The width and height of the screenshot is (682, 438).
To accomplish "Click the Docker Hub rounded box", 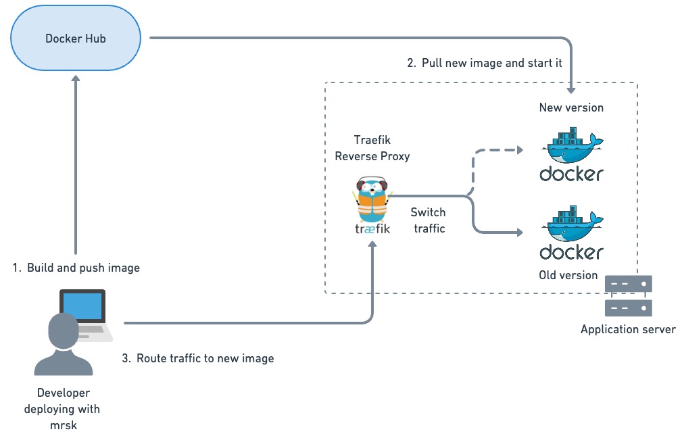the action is (76, 39).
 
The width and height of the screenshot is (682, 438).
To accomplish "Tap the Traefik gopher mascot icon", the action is (372, 199).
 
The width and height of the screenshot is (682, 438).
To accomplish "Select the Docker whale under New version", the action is (572, 145).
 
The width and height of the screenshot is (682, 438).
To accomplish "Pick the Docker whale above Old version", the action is (572, 223).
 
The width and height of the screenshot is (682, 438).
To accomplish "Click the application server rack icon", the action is (629, 296).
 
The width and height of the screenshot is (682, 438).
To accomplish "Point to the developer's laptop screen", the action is (82, 306).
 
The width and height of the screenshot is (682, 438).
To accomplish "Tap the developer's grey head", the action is (64, 331).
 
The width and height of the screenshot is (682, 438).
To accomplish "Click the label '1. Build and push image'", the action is (76, 268).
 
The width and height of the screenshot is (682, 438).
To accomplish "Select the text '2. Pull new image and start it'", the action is (485, 63).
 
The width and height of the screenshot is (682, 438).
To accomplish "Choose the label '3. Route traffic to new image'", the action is (198, 358).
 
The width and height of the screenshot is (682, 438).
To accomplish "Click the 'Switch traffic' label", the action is (429, 220).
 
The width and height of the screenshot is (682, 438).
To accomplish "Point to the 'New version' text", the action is (572, 107).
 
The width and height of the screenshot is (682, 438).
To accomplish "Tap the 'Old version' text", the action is (568, 275).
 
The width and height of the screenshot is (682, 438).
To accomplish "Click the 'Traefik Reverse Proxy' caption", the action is (372, 148).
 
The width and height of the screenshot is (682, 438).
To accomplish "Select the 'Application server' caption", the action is (629, 329).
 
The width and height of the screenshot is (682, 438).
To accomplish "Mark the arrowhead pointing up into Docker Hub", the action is (76, 78).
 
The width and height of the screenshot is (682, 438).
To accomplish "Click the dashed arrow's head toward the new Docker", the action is (520, 150).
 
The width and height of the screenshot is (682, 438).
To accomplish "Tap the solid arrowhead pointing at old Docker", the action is (520, 233).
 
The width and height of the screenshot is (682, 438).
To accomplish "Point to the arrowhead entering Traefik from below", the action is (372, 245).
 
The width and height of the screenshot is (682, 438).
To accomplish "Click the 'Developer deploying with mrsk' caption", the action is (63, 410).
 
